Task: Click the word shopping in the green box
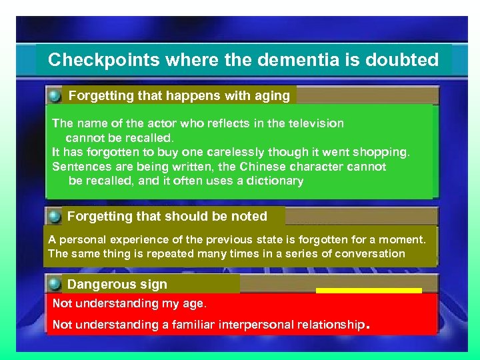[x=381, y=152]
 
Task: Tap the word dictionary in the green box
[x=273, y=181]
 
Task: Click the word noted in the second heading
[x=249, y=217]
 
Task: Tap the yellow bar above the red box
[x=369, y=291]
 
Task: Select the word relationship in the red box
[x=323, y=325]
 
